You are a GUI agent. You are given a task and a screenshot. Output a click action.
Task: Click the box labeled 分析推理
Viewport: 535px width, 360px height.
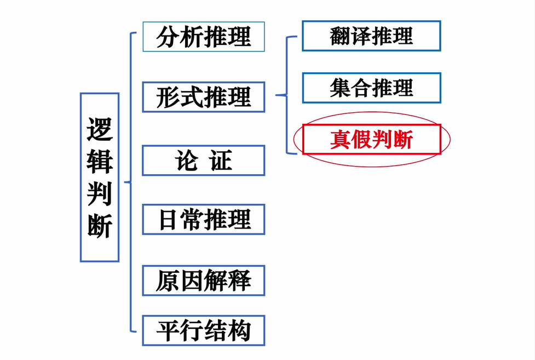(x=204, y=37)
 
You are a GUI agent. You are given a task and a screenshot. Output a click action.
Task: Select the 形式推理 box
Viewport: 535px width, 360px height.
(x=204, y=97)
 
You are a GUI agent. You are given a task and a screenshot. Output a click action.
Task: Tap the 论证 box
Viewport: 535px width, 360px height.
(x=204, y=161)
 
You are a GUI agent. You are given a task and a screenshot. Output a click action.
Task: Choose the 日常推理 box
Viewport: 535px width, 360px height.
(x=204, y=220)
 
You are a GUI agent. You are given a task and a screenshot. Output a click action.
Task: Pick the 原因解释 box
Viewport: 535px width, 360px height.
(x=204, y=281)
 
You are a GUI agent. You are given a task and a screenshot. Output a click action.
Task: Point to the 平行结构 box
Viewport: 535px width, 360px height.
(x=204, y=330)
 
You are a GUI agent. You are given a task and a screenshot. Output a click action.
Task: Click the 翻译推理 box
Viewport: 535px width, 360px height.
(x=371, y=36)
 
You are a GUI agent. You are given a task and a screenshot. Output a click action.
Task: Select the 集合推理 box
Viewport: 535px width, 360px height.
(x=371, y=88)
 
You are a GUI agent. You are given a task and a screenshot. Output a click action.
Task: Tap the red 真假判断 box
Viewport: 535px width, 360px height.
(x=371, y=140)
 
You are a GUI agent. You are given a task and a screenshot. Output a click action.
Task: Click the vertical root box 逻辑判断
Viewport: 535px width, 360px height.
(x=100, y=177)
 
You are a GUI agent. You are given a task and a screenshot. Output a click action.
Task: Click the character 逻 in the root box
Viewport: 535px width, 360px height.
(x=100, y=129)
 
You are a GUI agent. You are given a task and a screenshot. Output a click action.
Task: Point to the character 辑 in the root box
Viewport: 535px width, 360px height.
(x=100, y=161)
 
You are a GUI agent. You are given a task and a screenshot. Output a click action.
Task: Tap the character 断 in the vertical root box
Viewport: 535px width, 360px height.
(x=100, y=224)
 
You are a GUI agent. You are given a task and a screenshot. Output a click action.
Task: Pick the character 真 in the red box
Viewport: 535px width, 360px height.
(x=340, y=140)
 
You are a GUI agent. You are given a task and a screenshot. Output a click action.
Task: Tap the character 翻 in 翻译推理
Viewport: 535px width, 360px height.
(x=340, y=36)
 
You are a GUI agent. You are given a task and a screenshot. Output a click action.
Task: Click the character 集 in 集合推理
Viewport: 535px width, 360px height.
(x=340, y=88)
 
